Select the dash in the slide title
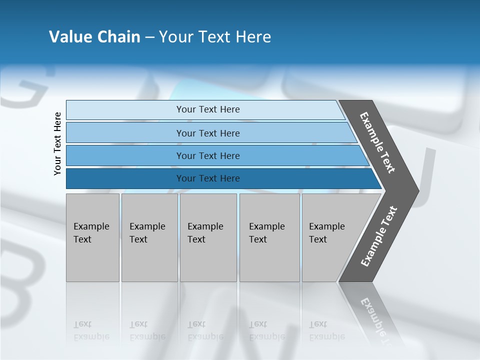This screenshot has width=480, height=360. (x=149, y=37)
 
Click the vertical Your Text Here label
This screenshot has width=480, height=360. (x=57, y=143)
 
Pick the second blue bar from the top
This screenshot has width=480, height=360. (x=207, y=133)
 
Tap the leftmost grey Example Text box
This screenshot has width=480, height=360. (x=92, y=237)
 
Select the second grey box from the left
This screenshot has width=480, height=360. (x=149, y=237)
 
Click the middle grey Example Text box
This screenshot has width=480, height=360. (x=208, y=237)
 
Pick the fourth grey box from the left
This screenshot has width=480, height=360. (x=269, y=237)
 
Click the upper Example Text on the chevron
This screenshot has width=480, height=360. (x=377, y=142)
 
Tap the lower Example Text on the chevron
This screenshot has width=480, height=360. (x=379, y=236)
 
